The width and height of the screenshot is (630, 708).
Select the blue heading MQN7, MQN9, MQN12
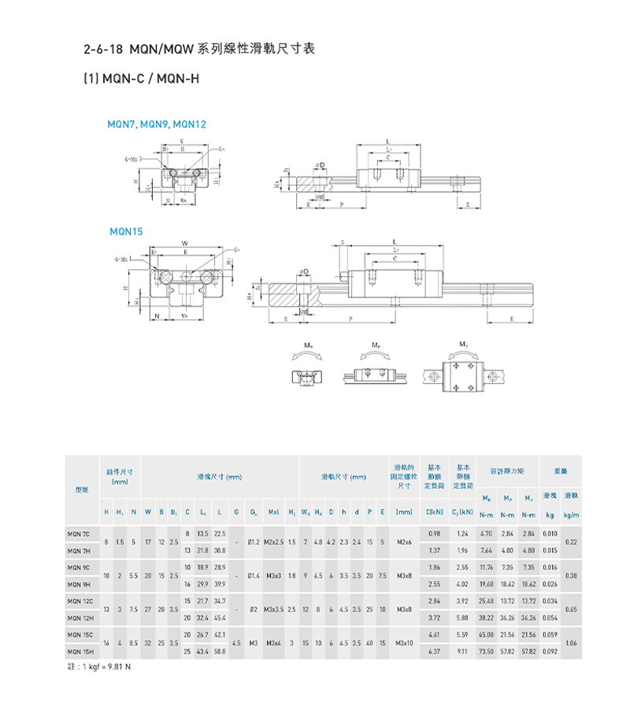pyautogui.click(x=157, y=124)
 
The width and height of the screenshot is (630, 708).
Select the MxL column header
pyautogui.click(x=275, y=512)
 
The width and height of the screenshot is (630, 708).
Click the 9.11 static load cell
pyautogui.click(x=462, y=652)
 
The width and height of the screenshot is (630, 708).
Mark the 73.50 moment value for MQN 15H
pyautogui.click(x=486, y=652)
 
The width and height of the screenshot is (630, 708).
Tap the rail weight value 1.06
pyautogui.click(x=572, y=644)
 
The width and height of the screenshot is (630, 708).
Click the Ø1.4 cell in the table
pyautogui.click(x=254, y=576)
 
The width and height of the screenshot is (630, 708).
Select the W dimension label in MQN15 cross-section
pyautogui.click(x=184, y=243)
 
